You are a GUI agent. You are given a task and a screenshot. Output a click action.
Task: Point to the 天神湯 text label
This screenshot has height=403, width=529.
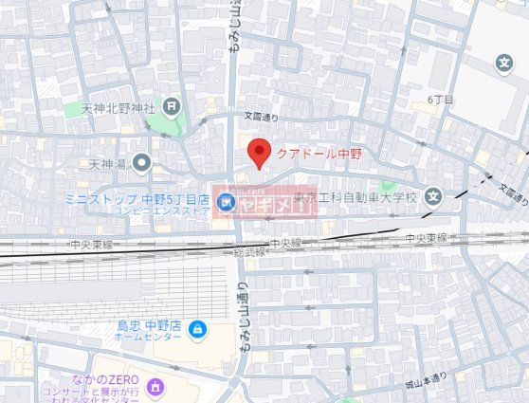[x=107, y=164]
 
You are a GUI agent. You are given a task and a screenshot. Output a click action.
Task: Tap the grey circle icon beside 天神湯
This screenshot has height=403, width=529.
[x=142, y=164]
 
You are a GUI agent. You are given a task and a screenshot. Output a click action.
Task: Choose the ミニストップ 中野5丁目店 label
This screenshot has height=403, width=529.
[x=137, y=199]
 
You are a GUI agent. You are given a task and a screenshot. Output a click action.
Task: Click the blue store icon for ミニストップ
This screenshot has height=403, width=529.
[x=226, y=201]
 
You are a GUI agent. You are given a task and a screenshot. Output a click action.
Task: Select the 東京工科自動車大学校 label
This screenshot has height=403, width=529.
[x=354, y=198]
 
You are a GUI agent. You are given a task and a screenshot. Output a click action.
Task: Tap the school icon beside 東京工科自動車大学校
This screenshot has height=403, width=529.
[x=433, y=197]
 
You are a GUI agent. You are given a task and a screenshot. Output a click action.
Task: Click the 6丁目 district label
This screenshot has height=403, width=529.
[x=441, y=99]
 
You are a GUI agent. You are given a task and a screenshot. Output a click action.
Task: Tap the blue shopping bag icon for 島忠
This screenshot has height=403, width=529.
[x=196, y=330]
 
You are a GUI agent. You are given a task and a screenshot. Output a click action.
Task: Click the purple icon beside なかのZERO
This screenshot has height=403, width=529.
[x=155, y=386]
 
